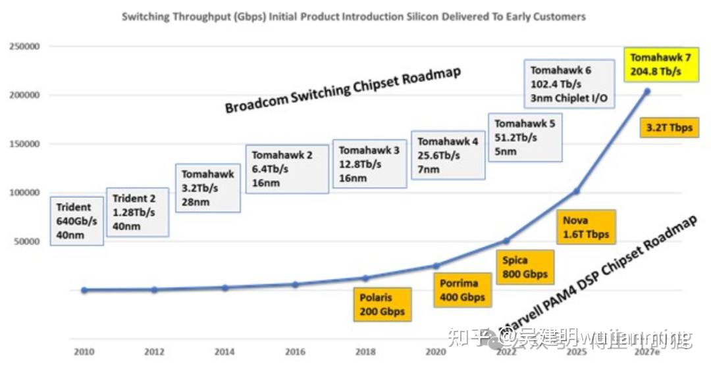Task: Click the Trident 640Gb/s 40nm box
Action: click(76, 221)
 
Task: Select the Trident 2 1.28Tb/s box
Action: click(137, 212)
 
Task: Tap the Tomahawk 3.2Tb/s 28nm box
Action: click(208, 187)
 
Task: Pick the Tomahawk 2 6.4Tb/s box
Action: click(287, 169)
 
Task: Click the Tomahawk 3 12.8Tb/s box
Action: click(369, 164)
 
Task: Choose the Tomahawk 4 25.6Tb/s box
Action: click(448, 155)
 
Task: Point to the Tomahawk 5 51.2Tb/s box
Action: click(525, 137)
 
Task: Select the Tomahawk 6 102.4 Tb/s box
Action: click(570, 84)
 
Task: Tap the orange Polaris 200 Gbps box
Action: click(382, 304)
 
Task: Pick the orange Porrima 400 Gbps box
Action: click(462, 290)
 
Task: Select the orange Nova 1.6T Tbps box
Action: click(585, 227)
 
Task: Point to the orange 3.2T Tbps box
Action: click(669, 128)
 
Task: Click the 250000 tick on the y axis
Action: click(23, 47)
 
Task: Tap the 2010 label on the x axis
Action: click(84, 352)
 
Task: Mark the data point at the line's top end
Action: click(646, 91)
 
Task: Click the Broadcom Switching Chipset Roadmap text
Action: click(342, 90)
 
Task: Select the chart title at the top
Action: click(354, 16)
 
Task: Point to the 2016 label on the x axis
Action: click(295, 352)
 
